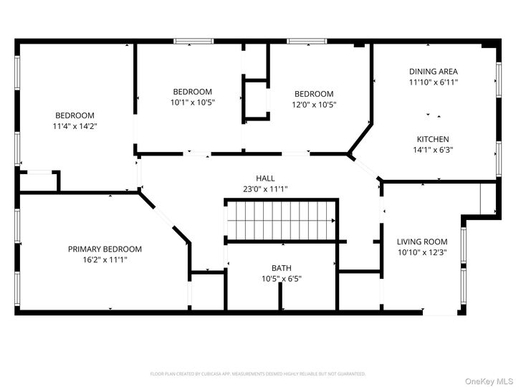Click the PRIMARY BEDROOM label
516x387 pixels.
tap(105, 249)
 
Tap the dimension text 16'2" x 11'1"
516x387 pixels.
tap(105, 259)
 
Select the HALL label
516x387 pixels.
tap(265, 178)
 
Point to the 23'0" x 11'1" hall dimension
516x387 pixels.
tap(265, 189)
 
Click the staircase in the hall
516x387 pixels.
tap(281, 220)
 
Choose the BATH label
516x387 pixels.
tap(281, 268)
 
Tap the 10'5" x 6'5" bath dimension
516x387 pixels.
tap(281, 279)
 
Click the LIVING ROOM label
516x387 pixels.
tap(422, 242)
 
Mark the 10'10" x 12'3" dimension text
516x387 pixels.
tap(422, 252)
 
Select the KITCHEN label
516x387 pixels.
tap(434, 139)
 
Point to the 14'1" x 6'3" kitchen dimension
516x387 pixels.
tap(434, 150)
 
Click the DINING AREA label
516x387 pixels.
tap(434, 72)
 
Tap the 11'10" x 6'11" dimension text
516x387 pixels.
tap(434, 82)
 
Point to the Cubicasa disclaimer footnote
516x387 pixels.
tap(258, 373)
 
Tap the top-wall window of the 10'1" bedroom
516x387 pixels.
tap(192, 42)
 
